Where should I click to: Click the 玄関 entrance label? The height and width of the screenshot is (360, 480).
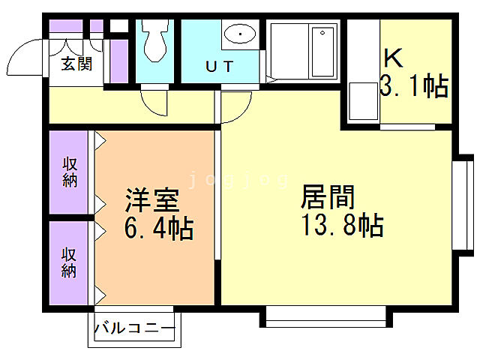76,64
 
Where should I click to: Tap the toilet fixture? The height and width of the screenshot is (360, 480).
156,40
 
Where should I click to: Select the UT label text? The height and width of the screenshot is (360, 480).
219,66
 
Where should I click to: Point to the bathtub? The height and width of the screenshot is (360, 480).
304,51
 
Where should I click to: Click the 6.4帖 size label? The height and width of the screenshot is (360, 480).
159,227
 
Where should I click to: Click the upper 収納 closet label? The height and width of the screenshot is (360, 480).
70,172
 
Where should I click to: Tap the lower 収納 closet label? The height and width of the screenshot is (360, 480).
70,262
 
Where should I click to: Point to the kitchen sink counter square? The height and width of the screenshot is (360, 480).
363,100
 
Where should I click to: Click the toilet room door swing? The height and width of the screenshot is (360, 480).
157,103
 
